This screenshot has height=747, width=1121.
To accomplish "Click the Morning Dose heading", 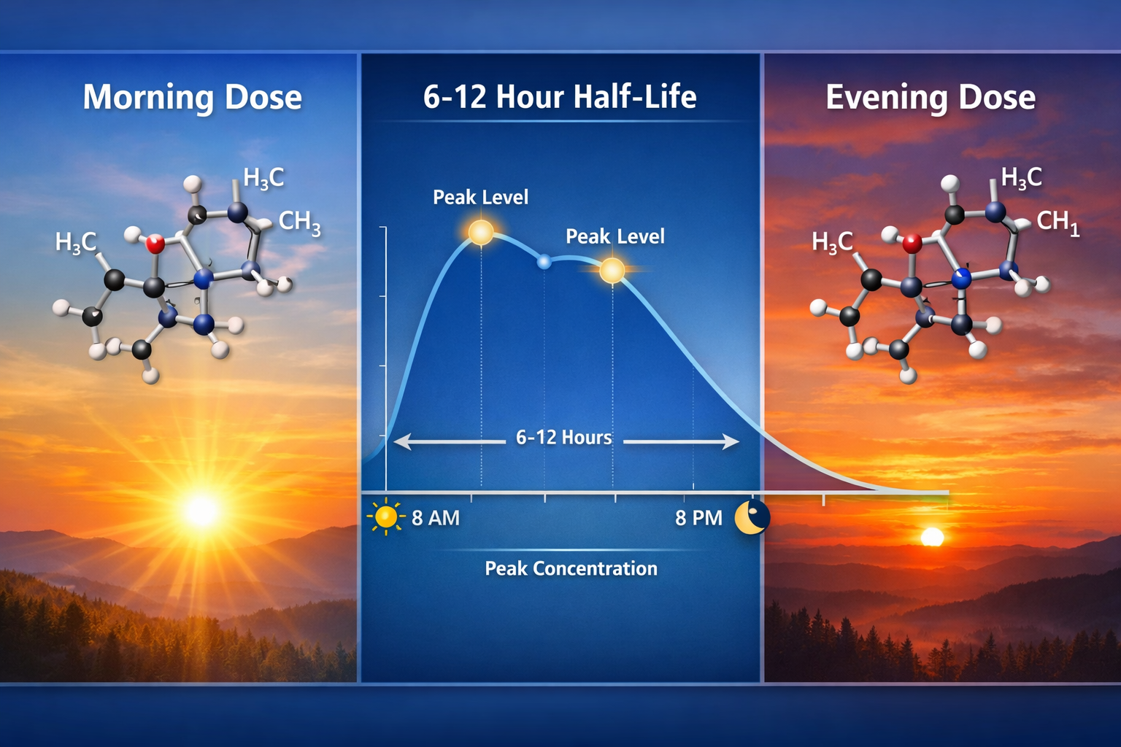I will (192, 97).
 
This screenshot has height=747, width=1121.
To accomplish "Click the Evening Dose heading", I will (931, 97).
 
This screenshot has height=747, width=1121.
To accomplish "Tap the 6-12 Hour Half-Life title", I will (560, 97).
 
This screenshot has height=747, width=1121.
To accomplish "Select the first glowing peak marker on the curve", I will (481, 232).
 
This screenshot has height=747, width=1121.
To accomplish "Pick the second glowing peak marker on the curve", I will (612, 271).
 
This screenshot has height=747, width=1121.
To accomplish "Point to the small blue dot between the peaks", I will (544, 262).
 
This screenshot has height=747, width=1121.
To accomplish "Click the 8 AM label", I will (436, 518).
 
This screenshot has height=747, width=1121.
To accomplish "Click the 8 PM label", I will (698, 518).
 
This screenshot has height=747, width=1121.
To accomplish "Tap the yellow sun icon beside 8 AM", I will (385, 517).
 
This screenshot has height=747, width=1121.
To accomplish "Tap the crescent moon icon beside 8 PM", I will (752, 517).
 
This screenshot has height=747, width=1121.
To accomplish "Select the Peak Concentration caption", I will (571, 568).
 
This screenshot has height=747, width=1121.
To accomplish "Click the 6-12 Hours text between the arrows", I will (563, 438).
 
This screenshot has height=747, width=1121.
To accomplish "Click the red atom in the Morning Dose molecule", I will (155, 244).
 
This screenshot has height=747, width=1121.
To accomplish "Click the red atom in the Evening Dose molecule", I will (912, 244).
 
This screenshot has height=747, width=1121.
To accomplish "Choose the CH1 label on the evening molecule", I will (1058, 222).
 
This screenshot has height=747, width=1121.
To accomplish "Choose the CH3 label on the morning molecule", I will (299, 222).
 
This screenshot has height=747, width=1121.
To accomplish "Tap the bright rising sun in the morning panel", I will (202, 510).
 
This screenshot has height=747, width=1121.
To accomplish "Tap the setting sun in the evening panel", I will (932, 538).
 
